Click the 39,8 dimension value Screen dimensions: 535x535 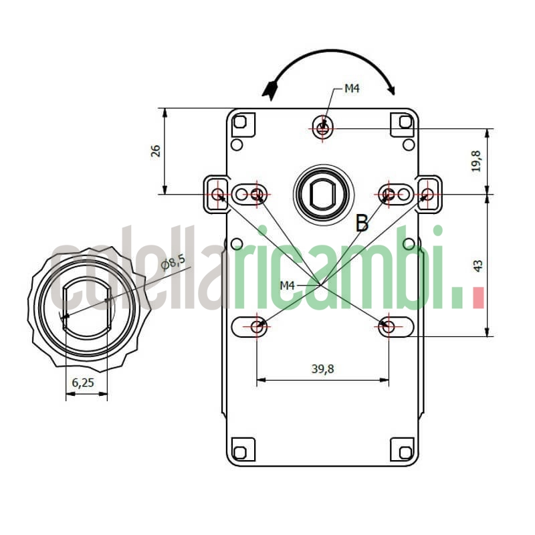[x=322, y=368]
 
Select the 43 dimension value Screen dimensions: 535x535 [x=477, y=265]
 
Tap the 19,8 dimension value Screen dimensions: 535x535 [x=475, y=161]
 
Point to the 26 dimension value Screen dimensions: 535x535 [x=155, y=150]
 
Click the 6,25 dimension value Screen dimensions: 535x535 [x=82, y=383]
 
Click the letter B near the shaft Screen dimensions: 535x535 [x=362, y=223]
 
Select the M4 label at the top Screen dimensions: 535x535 [x=352, y=88]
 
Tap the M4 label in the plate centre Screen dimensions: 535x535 [x=287, y=286]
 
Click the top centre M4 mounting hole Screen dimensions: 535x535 [x=323, y=126]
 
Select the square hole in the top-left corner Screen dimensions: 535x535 [x=241, y=122]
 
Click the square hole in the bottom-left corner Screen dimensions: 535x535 [x=241, y=448]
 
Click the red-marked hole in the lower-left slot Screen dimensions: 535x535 [x=257, y=327]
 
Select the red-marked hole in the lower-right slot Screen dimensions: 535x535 [x=388, y=327]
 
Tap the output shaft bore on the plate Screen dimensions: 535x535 [x=322, y=194]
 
